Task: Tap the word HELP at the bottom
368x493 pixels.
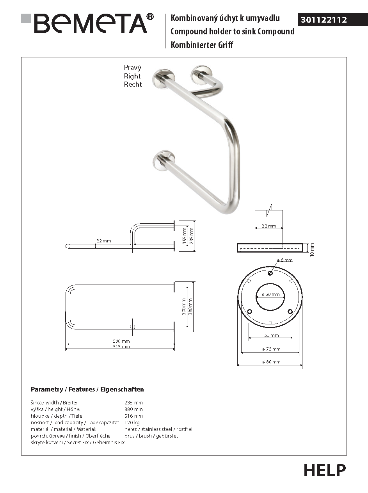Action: point(325,470)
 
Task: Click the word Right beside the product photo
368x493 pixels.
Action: point(132,76)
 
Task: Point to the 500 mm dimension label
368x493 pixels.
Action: point(121,341)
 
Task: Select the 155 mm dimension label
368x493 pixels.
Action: point(185,236)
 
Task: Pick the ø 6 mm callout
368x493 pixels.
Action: point(284,260)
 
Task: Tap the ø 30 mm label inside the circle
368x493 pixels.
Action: point(270,294)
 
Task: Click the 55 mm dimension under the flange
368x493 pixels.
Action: point(272,335)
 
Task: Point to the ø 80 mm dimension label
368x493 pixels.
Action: point(271,362)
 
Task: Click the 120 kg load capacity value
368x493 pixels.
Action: point(132,422)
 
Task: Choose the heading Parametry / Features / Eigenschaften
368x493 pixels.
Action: point(87,389)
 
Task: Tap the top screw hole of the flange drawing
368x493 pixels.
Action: point(270,273)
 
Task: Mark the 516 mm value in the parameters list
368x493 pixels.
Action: point(133,416)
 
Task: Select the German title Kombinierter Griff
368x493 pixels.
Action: point(202,45)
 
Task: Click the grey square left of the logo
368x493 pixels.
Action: point(26,18)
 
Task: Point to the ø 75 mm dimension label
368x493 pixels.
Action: point(271,349)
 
